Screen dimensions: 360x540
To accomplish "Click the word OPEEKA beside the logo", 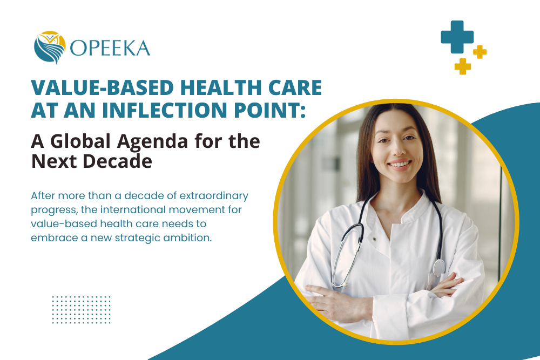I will tap(110, 49).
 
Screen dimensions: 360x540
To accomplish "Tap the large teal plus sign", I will tap(457, 37).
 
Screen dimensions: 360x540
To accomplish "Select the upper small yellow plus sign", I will tap(480, 52).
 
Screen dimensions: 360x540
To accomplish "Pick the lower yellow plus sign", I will tap(463, 66).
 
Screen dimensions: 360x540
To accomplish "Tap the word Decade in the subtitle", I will tap(113, 161).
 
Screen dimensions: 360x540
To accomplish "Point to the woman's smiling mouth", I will tap(400, 164).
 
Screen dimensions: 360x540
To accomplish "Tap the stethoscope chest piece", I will tap(439, 267).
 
